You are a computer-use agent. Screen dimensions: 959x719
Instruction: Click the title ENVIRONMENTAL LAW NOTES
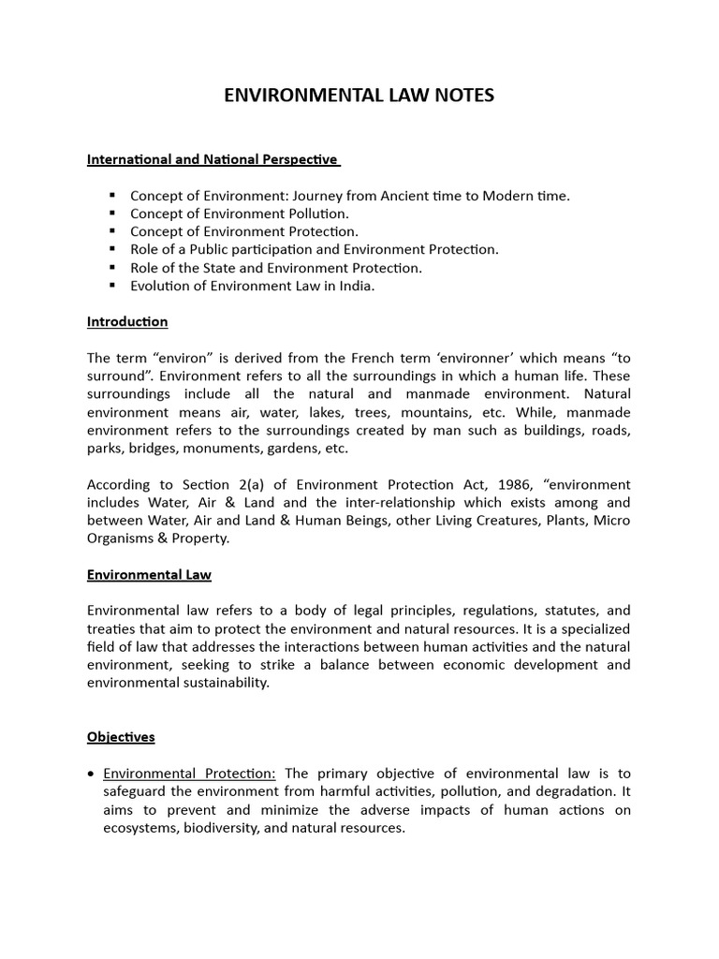pyautogui.click(x=359, y=96)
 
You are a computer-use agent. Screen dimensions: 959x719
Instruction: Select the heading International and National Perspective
pyautogui.click(x=213, y=159)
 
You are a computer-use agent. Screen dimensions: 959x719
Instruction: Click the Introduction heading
pyautogui.click(x=127, y=321)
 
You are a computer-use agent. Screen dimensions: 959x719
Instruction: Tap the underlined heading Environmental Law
pyautogui.click(x=155, y=573)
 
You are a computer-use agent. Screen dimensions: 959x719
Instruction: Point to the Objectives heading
pyautogui.click(x=121, y=737)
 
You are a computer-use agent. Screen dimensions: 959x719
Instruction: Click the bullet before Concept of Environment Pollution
pyautogui.click(x=111, y=213)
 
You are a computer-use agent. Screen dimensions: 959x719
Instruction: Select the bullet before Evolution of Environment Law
pyautogui.click(x=111, y=285)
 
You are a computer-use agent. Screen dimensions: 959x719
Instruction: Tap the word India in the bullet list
pyautogui.click(x=356, y=286)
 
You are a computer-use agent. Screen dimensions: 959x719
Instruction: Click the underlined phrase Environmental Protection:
pyautogui.click(x=189, y=773)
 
